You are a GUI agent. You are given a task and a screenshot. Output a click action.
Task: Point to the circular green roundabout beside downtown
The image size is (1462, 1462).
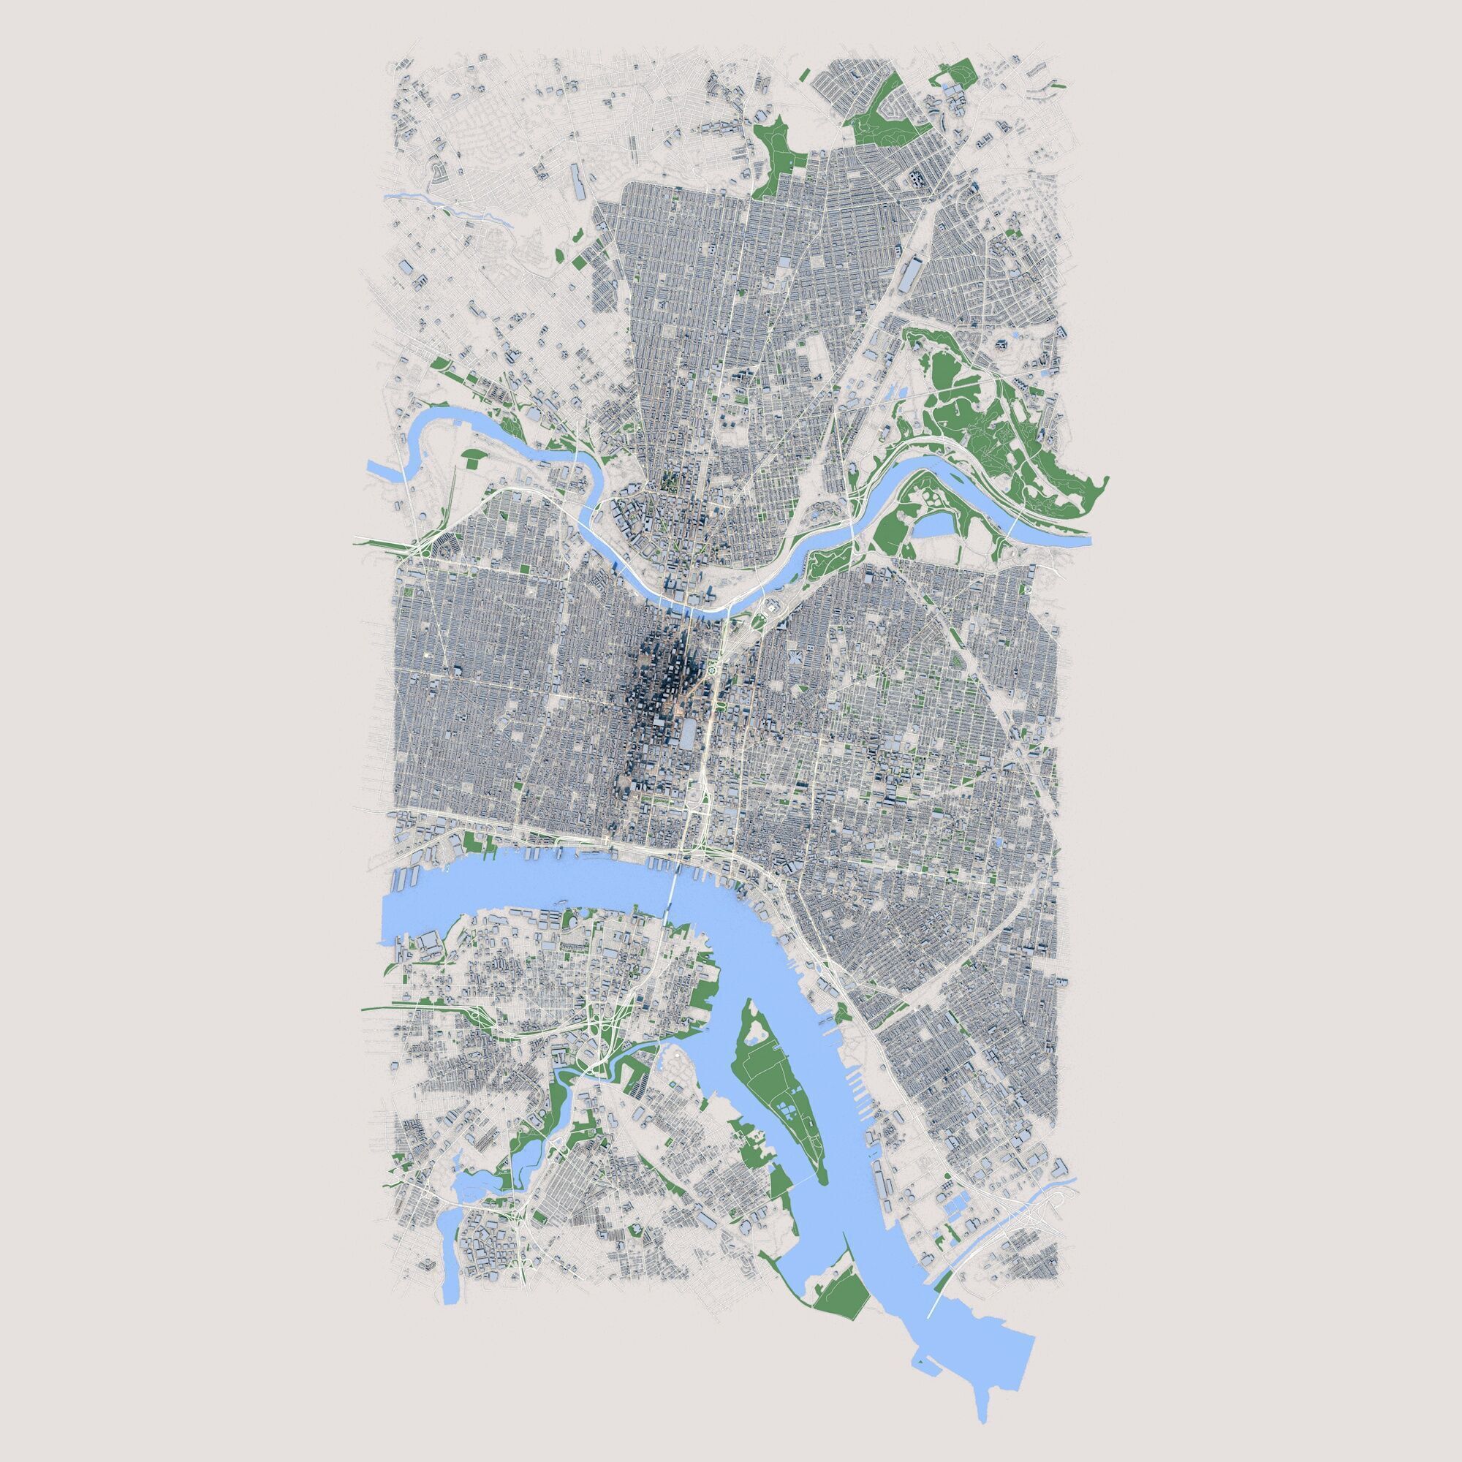point(712,668)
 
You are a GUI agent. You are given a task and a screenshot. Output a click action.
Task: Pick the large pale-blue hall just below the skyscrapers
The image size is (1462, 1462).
point(689,733)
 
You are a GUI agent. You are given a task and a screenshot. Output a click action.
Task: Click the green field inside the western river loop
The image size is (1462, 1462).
point(474,456)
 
